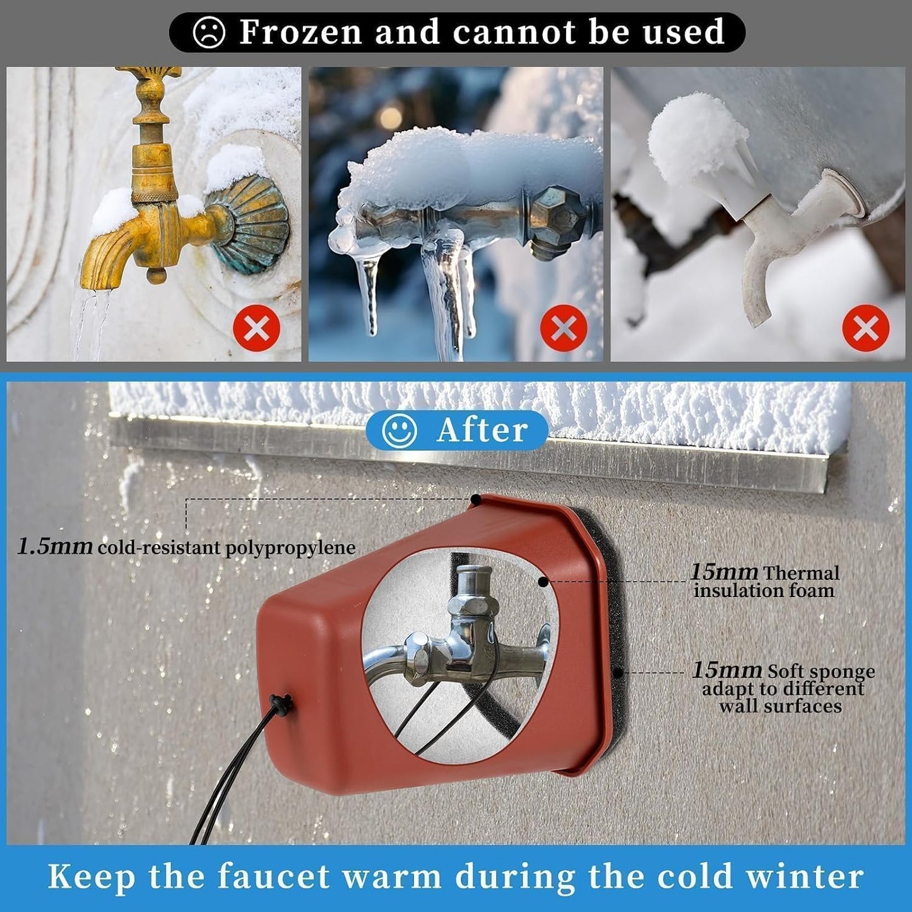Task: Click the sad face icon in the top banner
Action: (209, 32)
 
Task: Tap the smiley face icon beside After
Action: (400, 430)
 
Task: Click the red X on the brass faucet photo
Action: (256, 328)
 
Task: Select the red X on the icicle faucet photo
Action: (564, 328)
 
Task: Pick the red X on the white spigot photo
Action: (866, 328)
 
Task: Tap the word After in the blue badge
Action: (482, 430)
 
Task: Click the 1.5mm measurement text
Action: (55, 547)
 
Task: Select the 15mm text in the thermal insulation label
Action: (724, 572)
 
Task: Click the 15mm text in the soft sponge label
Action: (727, 670)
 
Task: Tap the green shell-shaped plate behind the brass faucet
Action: (250, 224)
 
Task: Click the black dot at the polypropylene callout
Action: (476, 499)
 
